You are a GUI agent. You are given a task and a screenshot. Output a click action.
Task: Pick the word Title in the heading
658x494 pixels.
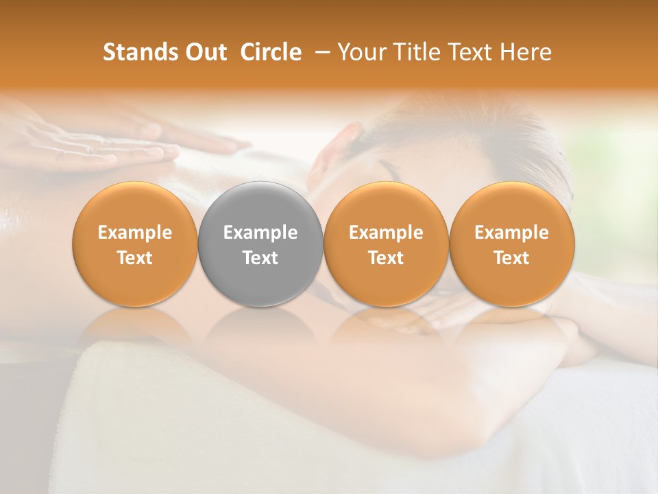click(x=419, y=52)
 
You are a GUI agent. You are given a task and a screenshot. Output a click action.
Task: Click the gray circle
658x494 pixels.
click(x=260, y=244)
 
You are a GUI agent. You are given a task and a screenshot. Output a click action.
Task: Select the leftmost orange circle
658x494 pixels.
click(x=134, y=244)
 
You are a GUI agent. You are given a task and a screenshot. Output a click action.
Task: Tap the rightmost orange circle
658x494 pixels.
click(x=511, y=244)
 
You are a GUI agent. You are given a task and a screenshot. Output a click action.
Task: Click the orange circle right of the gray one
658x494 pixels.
click(x=386, y=244)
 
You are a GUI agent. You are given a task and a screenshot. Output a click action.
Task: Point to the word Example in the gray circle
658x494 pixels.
click(x=260, y=233)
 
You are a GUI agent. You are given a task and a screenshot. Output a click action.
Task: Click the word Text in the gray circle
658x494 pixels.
click(x=260, y=258)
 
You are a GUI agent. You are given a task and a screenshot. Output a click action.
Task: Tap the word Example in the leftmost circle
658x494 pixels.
click(x=134, y=233)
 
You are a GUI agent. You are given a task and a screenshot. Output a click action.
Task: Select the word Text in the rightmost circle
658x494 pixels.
click(x=511, y=258)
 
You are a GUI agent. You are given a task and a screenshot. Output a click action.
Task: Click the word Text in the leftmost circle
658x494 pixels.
click(x=134, y=258)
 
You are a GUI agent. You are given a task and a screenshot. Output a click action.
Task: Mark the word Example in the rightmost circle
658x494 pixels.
click(x=511, y=233)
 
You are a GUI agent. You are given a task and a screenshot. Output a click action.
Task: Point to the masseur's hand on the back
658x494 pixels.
click(x=103, y=141)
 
